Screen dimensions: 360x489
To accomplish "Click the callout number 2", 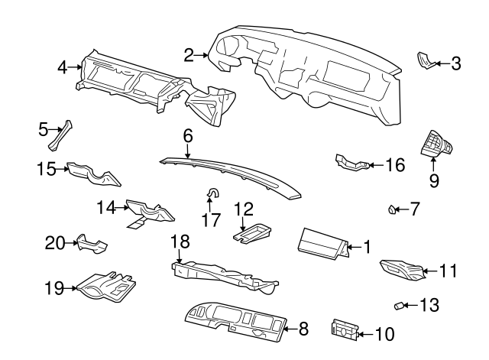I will coord(189,54).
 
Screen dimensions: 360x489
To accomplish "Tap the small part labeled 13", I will coord(398,306).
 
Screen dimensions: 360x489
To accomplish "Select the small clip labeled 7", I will coord(391,208).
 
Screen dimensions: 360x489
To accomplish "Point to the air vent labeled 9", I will coord(436,143).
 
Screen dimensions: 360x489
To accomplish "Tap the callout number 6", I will coord(187,135).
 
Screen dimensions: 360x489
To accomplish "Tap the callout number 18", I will coord(179,241).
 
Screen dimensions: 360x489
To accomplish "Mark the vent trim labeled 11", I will coord(401,269).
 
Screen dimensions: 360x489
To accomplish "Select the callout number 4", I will coord(63,68).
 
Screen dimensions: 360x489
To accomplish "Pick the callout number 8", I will coord(303,330).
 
